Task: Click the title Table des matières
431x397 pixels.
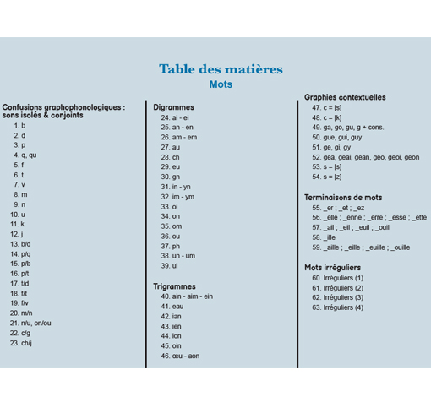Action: (x=221, y=69)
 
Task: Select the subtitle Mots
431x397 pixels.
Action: (x=221, y=84)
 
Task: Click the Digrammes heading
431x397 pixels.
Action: (x=173, y=107)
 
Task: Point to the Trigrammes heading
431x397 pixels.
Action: (x=174, y=286)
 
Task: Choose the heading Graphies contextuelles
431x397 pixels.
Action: (x=345, y=97)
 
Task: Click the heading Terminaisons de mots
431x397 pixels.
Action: (x=343, y=197)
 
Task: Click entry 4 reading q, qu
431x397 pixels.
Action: (x=25, y=155)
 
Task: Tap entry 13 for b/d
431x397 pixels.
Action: (x=21, y=244)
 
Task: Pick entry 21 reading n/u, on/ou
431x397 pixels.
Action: (x=31, y=323)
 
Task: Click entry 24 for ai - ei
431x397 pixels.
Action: (x=176, y=117)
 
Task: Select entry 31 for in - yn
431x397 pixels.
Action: (x=177, y=187)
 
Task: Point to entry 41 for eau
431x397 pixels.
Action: (x=172, y=307)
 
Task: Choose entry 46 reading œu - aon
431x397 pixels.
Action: (x=180, y=356)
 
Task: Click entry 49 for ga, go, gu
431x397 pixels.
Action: (x=348, y=127)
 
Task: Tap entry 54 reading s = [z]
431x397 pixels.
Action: (x=327, y=177)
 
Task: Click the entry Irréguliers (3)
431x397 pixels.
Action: (x=337, y=297)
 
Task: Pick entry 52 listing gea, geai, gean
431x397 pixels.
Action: (x=365, y=157)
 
